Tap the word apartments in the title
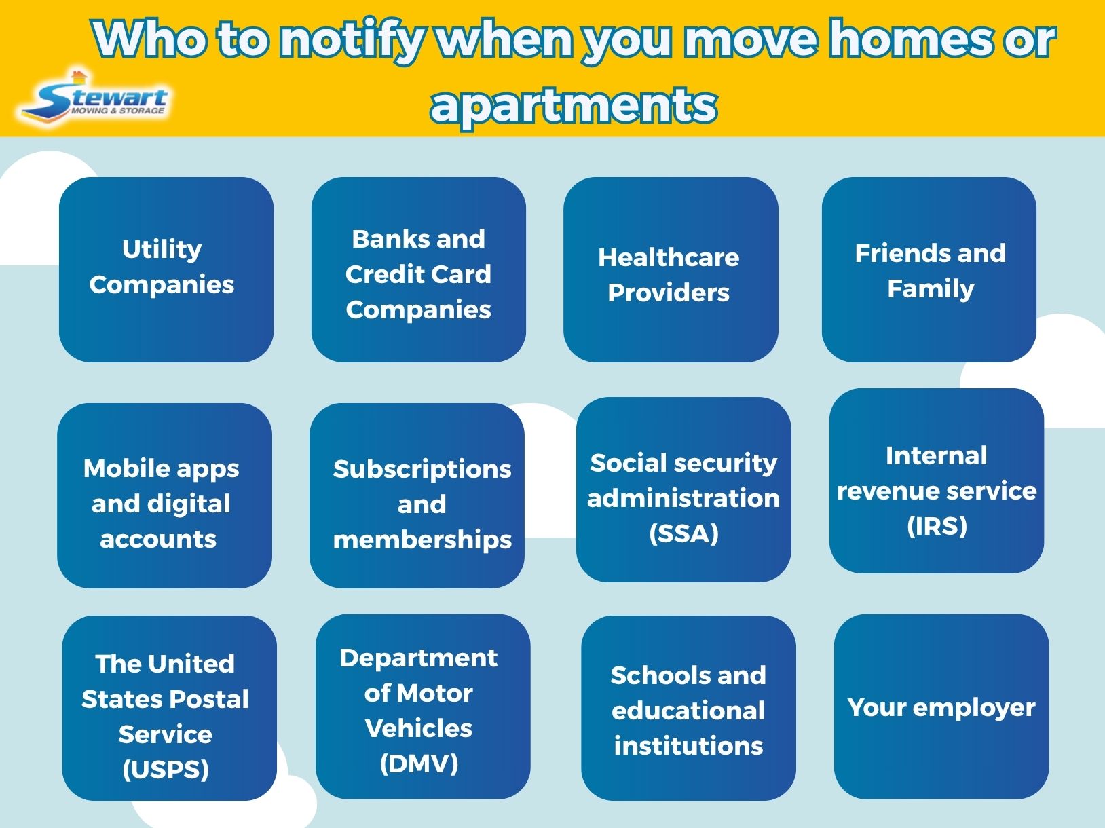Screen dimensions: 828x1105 point(574,105)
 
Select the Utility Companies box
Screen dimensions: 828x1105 point(166,269)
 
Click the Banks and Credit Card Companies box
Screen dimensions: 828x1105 point(418,270)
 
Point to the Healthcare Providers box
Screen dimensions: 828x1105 point(670,270)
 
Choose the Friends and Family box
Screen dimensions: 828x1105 point(929,270)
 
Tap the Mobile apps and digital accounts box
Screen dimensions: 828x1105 point(164,495)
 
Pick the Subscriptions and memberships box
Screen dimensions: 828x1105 point(417,495)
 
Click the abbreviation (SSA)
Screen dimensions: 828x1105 point(683,533)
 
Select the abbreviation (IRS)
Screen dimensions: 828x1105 point(937,526)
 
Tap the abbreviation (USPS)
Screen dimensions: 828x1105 point(166,770)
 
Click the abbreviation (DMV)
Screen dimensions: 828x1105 point(419,764)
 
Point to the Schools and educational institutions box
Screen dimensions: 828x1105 point(688,708)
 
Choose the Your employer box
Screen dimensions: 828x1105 point(941,707)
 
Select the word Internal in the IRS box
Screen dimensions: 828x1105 point(936,455)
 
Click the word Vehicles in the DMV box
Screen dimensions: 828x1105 point(418,728)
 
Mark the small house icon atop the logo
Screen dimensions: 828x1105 point(79,75)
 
